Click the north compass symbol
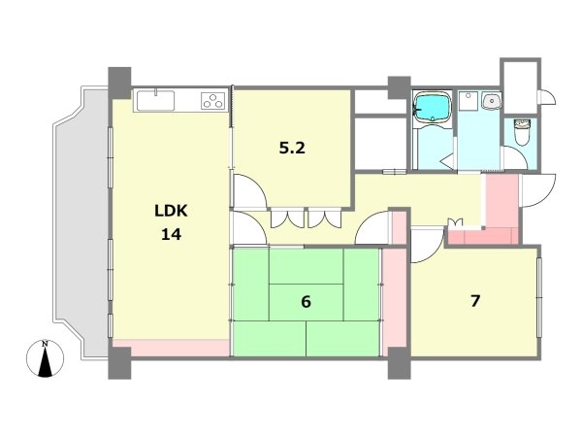(45, 358)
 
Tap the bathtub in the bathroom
(433, 107)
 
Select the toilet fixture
(522, 132)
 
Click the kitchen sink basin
(155, 101)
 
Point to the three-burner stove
(213, 101)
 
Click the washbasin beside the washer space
(492, 101)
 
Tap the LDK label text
(171, 211)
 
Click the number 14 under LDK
(171, 234)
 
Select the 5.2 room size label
(292, 149)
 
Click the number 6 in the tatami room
(306, 302)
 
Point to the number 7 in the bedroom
(475, 301)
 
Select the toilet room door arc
(520, 154)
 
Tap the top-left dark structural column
(119, 83)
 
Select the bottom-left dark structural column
(119, 363)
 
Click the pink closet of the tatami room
(395, 302)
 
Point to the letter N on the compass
(45, 344)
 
